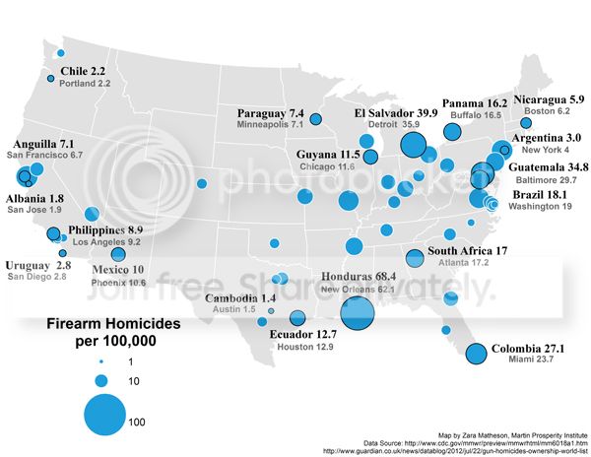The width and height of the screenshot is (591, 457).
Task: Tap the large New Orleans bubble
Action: click(356, 313)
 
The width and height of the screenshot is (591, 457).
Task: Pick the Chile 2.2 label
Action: click(84, 72)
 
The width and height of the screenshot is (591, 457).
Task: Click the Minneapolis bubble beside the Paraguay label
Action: click(316, 119)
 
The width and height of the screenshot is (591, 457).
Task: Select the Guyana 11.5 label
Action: click(329, 155)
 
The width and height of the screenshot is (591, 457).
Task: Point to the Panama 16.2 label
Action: click(474, 102)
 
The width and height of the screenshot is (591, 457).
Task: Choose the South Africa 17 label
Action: click(467, 251)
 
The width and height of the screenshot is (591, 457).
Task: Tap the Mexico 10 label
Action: click(118, 269)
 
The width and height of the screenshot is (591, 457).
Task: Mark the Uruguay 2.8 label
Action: click(37, 265)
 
